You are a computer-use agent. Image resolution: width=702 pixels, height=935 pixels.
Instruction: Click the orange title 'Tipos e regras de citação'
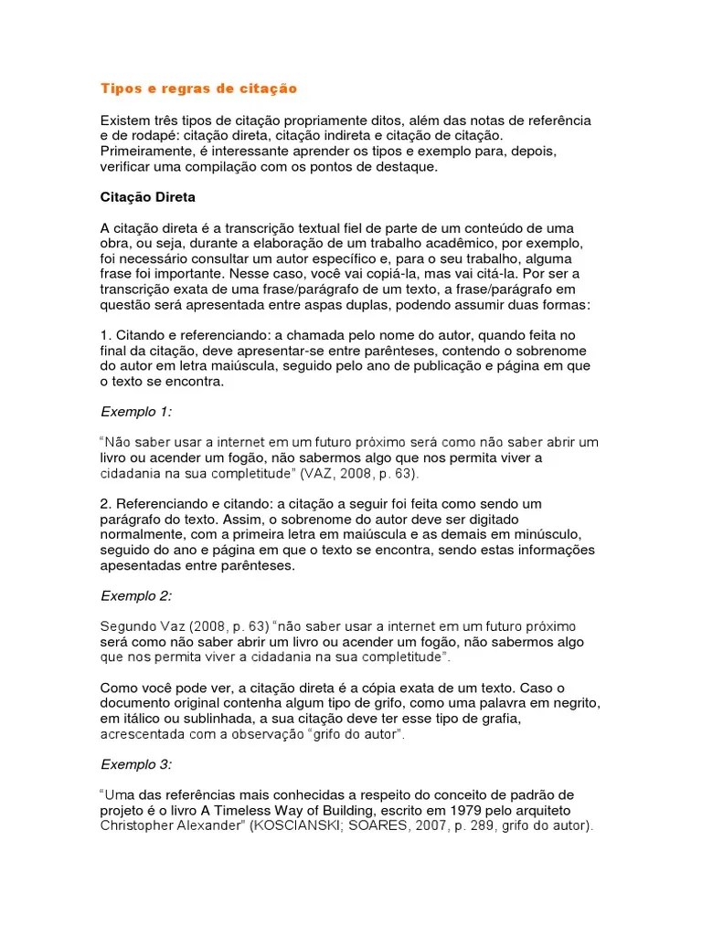click(198, 89)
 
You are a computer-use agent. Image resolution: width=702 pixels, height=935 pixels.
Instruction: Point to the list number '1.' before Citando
click(105, 335)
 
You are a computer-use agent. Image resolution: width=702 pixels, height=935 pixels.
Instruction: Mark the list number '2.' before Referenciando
click(105, 503)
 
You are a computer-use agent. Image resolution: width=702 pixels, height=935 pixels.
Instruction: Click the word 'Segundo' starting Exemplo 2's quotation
click(126, 626)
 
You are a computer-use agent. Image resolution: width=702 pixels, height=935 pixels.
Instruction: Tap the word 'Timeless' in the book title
click(285, 811)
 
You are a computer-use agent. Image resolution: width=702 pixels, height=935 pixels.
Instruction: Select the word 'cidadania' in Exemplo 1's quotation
click(131, 475)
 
